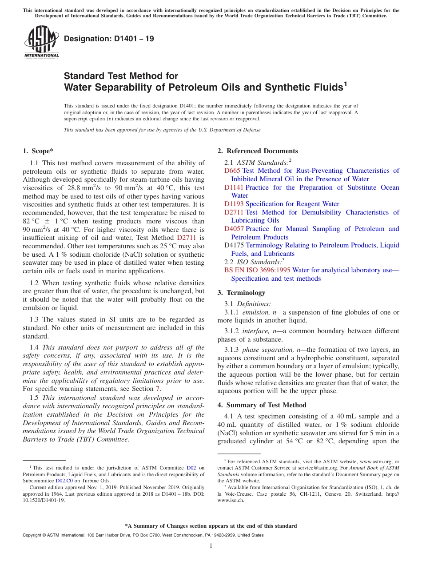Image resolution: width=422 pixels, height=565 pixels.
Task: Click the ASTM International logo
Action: [x=41, y=42]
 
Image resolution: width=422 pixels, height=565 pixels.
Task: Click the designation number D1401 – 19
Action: [x=109, y=39]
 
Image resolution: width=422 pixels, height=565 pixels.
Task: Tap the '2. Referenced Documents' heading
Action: [x=258, y=151]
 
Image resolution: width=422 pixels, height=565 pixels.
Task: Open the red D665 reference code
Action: [x=232, y=171]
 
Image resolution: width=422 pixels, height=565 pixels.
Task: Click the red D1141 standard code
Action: [x=234, y=187]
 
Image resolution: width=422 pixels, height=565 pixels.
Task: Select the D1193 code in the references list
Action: [x=234, y=204]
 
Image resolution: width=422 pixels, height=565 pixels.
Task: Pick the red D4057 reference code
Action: [x=234, y=229]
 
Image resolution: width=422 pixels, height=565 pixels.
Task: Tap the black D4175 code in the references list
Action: [x=234, y=245]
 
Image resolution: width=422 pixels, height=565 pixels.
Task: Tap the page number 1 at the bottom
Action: [x=211, y=545]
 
